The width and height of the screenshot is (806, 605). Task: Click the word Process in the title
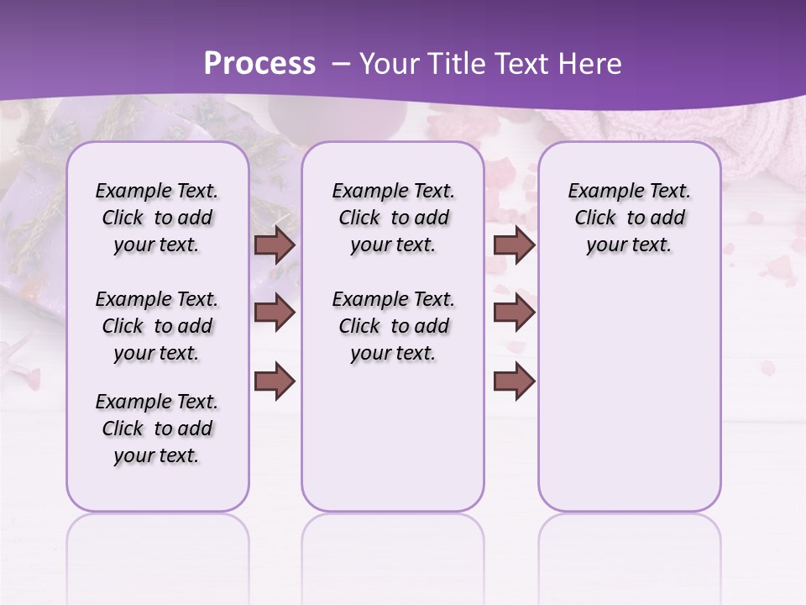click(x=259, y=64)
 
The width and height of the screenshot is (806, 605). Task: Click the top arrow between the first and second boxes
click(x=275, y=245)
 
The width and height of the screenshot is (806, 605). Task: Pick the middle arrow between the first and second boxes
click(x=275, y=313)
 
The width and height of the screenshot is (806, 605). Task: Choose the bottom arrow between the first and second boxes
click(x=275, y=381)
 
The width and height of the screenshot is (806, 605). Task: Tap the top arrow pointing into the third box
click(x=514, y=245)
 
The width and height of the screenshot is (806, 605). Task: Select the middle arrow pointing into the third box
click(x=514, y=313)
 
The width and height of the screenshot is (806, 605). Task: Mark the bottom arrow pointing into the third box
click(x=514, y=381)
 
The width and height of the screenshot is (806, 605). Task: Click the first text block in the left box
click(x=157, y=218)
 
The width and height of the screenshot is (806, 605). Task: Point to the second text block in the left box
click(x=157, y=326)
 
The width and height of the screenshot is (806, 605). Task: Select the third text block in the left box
click(x=157, y=429)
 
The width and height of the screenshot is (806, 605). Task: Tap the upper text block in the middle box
click(x=393, y=218)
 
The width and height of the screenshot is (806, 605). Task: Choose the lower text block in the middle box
click(x=393, y=326)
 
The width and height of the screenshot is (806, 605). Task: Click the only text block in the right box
click(x=629, y=218)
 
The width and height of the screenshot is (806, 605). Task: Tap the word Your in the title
click(x=386, y=64)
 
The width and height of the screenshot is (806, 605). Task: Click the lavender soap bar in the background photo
click(x=34, y=210)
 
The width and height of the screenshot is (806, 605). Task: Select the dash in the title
click(x=340, y=64)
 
